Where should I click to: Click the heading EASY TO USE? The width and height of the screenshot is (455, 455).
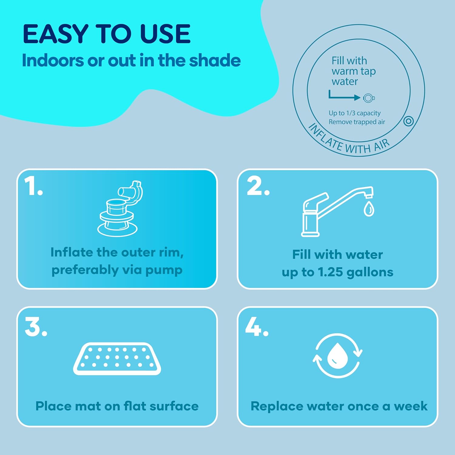click(x=107, y=34)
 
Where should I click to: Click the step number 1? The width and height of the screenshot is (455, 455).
click(x=33, y=186)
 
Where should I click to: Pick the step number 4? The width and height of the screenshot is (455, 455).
click(x=257, y=327)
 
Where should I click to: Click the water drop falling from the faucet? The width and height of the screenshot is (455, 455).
click(x=369, y=209)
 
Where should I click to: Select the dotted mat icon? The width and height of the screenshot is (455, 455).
click(x=117, y=359)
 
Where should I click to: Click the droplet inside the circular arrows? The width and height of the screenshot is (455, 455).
click(x=337, y=356)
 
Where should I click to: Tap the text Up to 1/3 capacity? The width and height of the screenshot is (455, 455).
click(x=354, y=113)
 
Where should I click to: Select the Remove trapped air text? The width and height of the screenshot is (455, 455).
click(x=357, y=122)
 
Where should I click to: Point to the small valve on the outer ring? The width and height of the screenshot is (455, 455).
click(x=409, y=121)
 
